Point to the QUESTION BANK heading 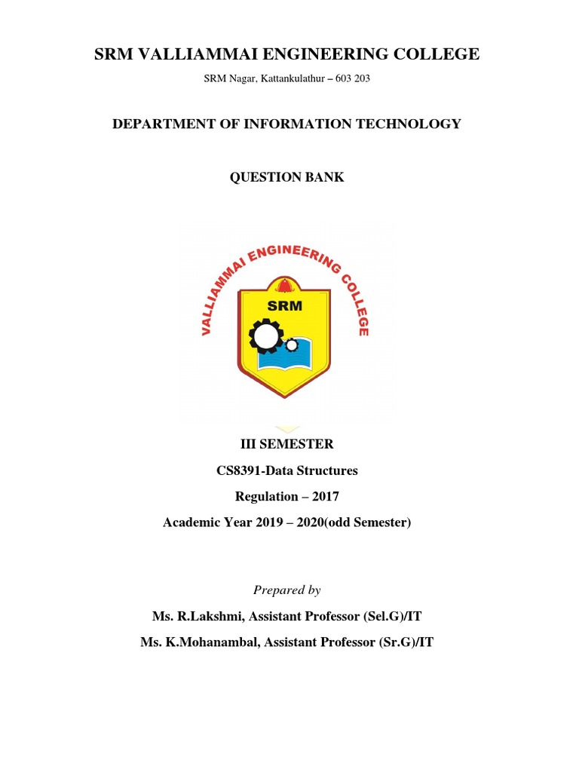(286, 177)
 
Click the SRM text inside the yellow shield (284, 305)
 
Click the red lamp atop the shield (284, 286)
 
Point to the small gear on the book (291, 345)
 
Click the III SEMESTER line (286, 444)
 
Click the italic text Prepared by (286, 590)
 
